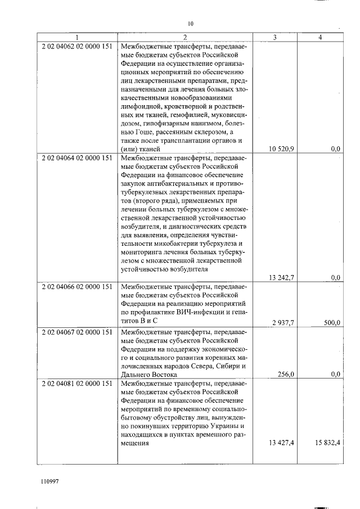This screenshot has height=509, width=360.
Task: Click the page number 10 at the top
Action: pos(190,24)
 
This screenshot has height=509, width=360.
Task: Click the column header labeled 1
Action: pos(78,38)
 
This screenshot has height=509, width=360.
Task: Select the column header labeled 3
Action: pos(274,38)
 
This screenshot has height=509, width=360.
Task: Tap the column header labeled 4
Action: pos(319,38)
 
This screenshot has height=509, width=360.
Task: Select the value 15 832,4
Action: pos(326,443)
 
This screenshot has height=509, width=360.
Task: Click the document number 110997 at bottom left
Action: pos(49,481)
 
